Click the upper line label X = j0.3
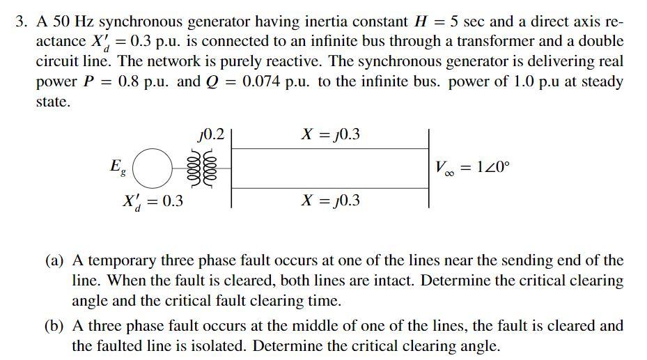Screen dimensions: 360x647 pos(330,134)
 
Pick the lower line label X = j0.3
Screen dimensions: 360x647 pos(330,201)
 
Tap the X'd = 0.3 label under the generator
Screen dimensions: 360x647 pos(153,202)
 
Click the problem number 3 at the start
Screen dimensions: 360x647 pos(21,22)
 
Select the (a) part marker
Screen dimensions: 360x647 pos(54,261)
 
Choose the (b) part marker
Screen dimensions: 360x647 pos(54,326)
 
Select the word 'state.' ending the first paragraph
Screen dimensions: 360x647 pos(53,102)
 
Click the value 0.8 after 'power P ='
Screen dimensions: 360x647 pos(132,81)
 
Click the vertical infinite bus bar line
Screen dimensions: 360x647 pos(428,167)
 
